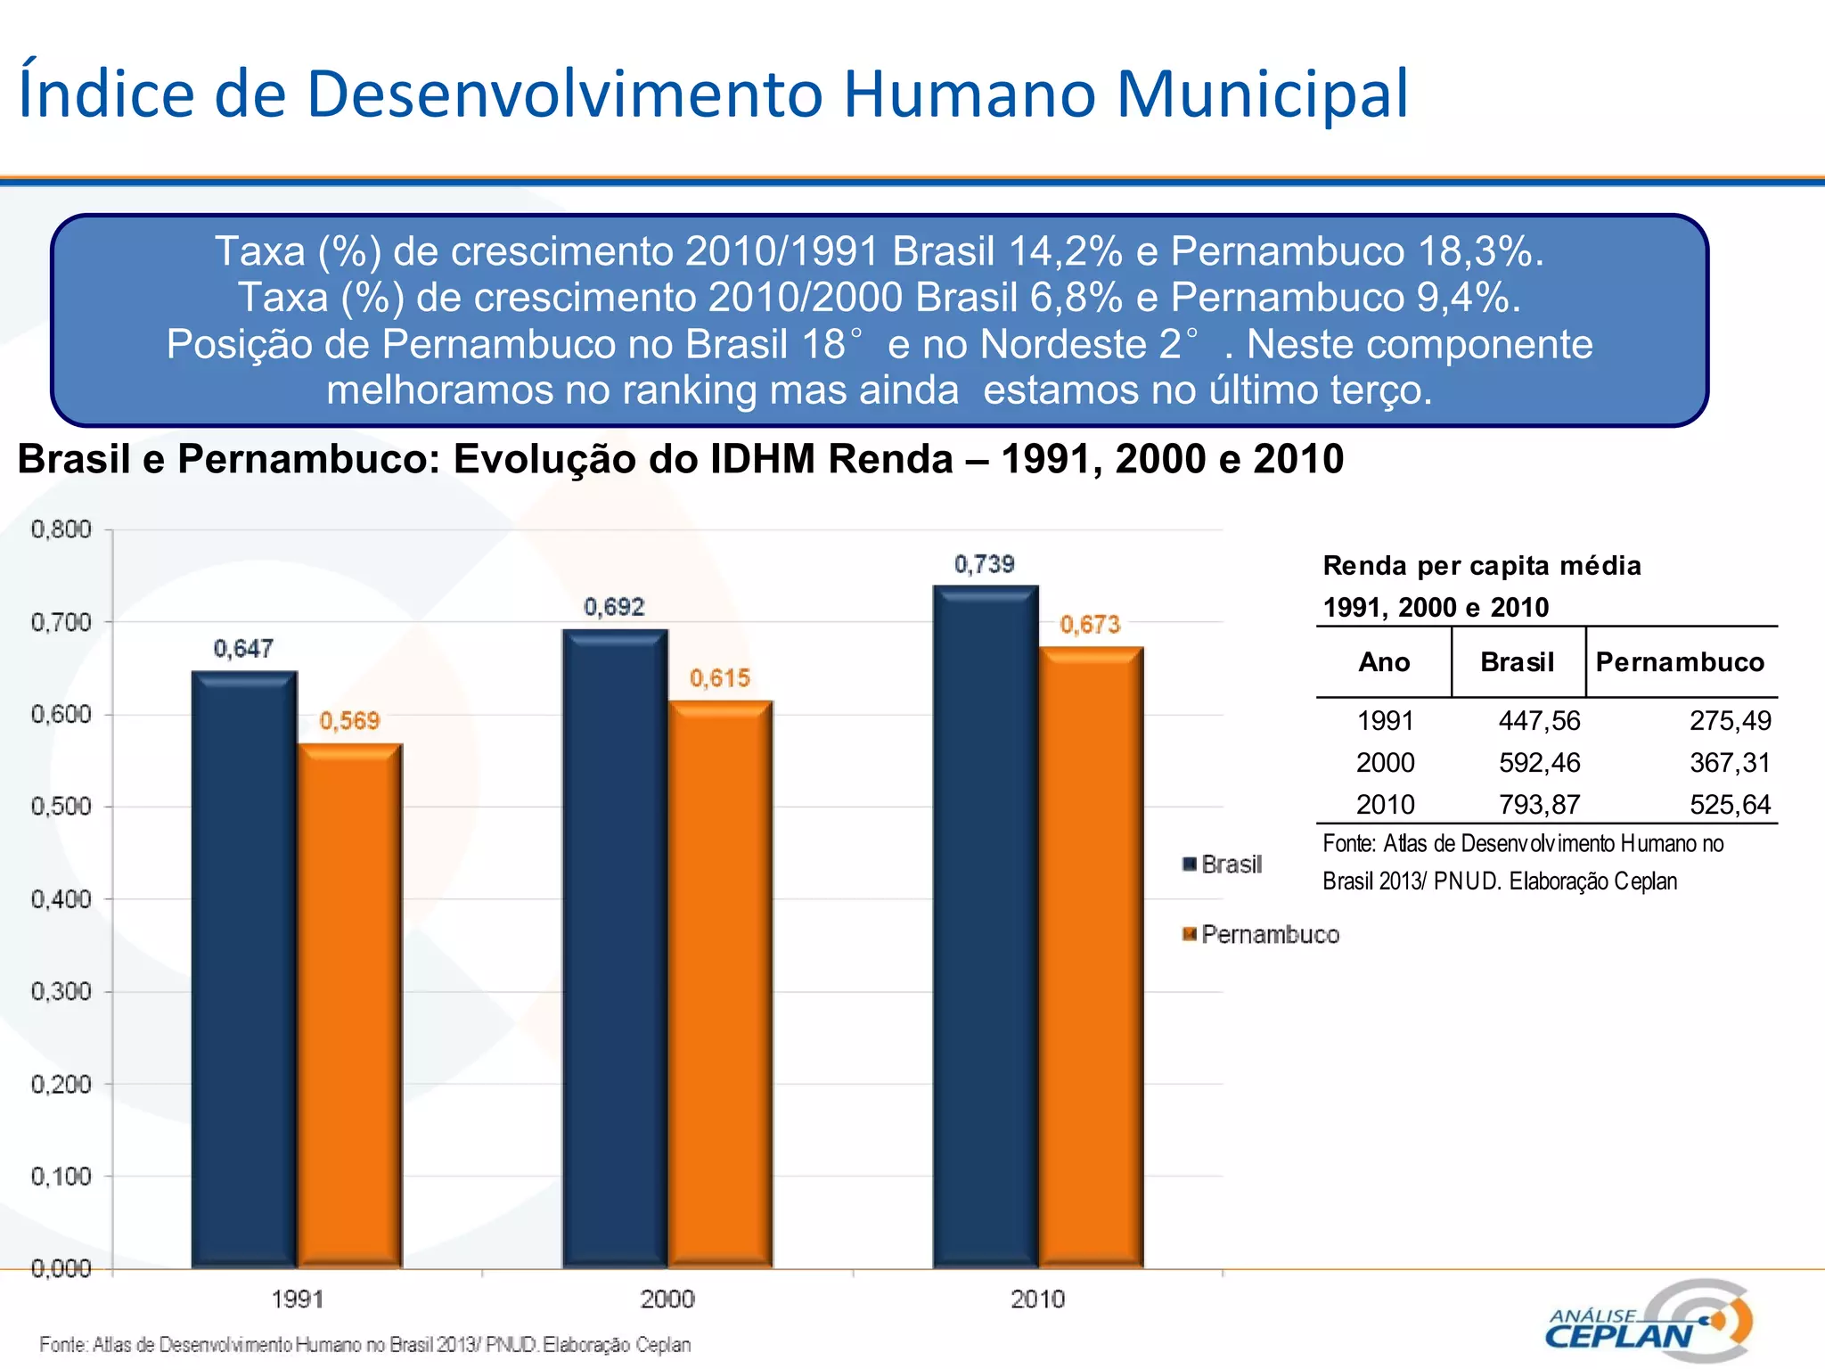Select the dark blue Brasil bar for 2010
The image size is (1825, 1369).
986,927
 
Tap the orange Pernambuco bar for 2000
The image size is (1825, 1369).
721,984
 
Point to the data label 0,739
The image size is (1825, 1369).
985,564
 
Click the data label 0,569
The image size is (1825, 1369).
349,720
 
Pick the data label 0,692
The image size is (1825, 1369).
614,607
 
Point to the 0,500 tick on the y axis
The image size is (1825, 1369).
61,807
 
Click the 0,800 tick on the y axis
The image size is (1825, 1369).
61,529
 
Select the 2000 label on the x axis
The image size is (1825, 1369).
667,1299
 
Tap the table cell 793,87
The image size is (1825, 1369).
1539,805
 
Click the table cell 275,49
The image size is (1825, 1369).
1730,720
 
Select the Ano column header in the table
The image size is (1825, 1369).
1384,662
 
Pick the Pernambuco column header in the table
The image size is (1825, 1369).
1680,662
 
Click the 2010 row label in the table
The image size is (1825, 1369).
1385,805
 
